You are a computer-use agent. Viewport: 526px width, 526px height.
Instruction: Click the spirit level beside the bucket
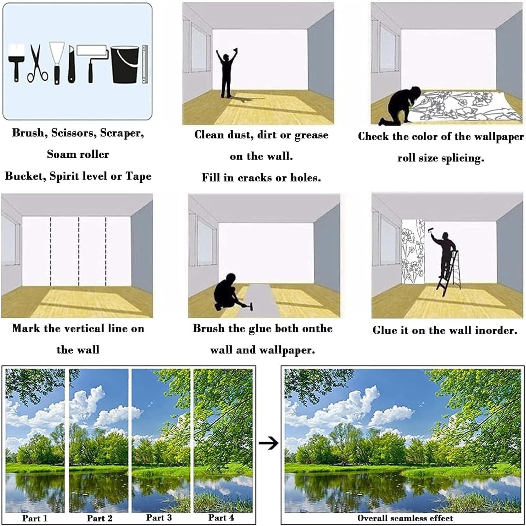point(145,64)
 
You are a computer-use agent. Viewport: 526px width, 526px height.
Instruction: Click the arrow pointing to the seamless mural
point(268,443)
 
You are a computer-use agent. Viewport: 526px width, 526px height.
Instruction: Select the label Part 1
point(35,518)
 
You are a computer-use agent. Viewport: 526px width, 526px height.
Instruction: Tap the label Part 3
point(159,517)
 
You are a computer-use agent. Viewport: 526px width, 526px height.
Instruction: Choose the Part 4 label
point(221,517)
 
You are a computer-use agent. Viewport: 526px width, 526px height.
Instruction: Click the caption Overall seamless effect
point(405,518)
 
